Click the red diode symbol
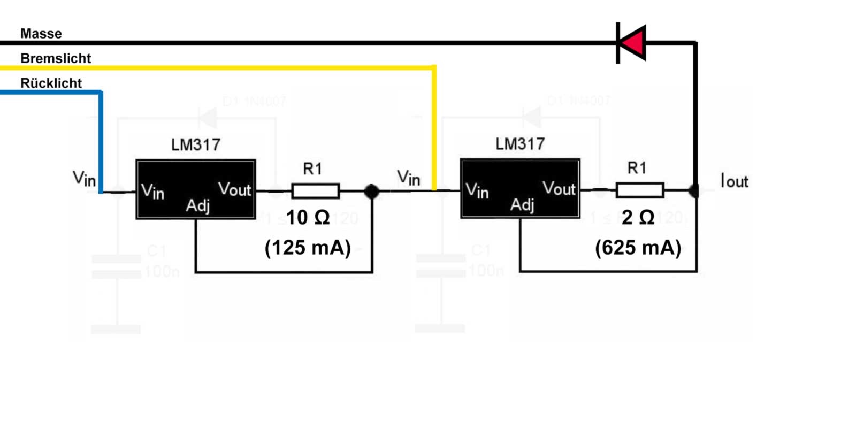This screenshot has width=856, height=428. tap(632, 43)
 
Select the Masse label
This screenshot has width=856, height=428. tap(41, 34)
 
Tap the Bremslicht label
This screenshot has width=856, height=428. tap(56, 58)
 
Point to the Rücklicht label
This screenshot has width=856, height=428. tap(51, 83)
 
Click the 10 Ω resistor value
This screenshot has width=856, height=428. tap(308, 218)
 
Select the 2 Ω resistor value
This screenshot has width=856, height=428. tap(638, 217)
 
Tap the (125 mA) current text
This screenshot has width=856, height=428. tap(308, 248)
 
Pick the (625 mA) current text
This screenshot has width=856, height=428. tap(638, 248)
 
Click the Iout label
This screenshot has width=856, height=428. tap(735, 181)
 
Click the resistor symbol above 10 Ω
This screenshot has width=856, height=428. tap(315, 191)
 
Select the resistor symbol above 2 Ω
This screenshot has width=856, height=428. tap(640, 190)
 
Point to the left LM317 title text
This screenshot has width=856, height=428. tap(196, 144)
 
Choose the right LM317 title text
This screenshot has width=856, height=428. tap(520, 144)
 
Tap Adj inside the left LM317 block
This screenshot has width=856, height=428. tap(197, 205)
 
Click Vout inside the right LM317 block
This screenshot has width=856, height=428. tap(559, 188)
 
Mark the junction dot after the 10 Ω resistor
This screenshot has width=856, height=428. tap(371, 191)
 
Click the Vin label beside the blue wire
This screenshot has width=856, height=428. tap(84, 178)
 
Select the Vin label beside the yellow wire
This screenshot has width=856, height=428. tap(408, 178)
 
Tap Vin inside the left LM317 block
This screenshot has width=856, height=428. tap(152, 191)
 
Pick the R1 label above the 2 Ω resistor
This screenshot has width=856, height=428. tap(637, 168)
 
